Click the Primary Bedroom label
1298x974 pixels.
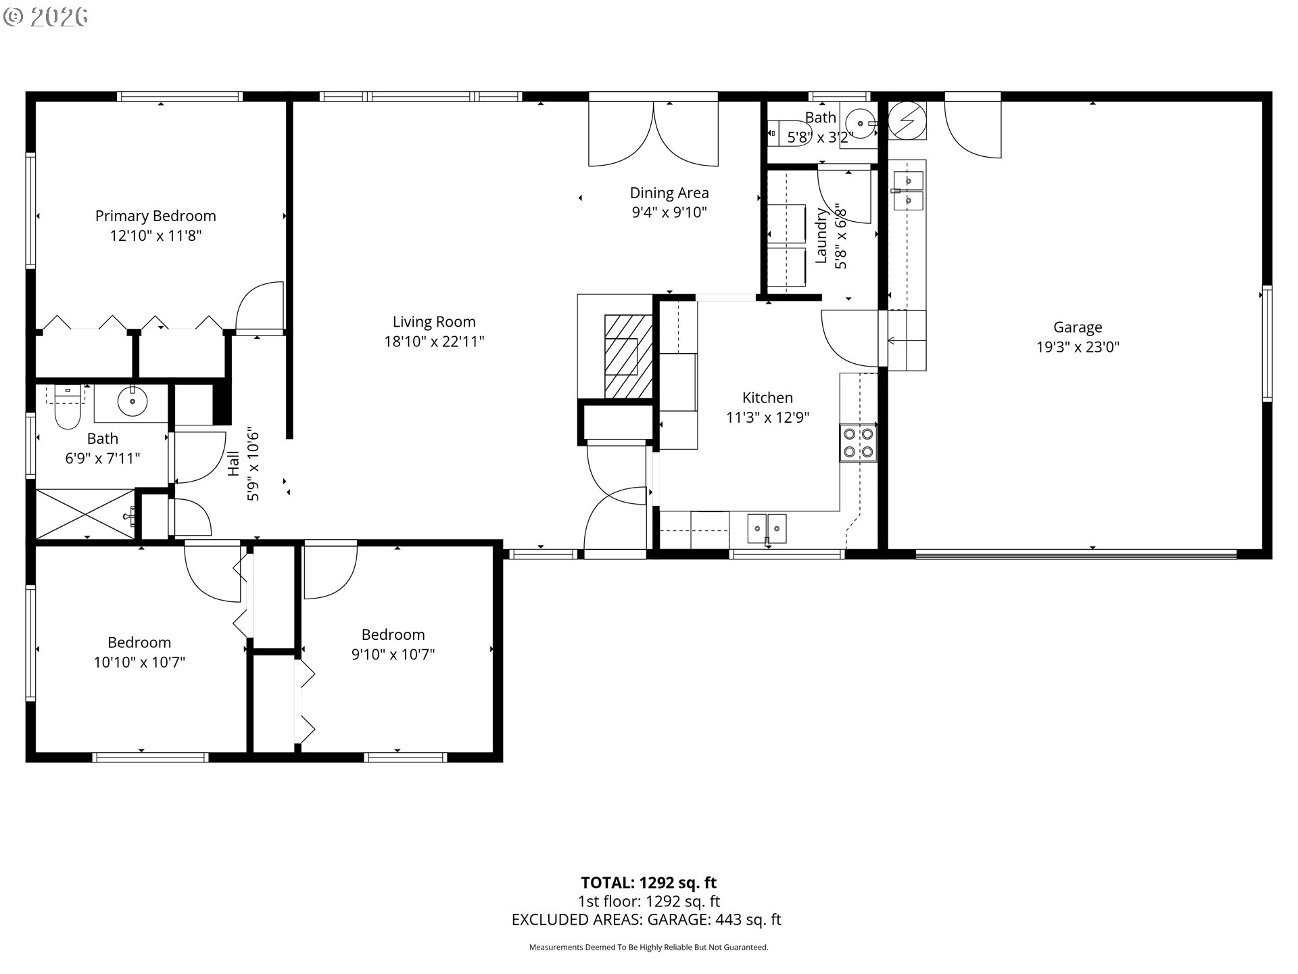(x=155, y=216)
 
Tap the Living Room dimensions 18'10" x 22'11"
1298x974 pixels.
(x=434, y=342)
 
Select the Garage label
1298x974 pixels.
(x=1078, y=327)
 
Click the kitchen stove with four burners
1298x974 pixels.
(x=858, y=443)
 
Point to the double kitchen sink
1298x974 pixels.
(x=767, y=528)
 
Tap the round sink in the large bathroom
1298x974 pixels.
(x=133, y=402)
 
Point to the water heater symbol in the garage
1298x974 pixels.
(x=906, y=121)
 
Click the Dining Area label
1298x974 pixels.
(x=669, y=193)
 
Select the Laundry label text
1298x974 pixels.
(x=821, y=235)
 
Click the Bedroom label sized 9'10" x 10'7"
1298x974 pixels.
(x=393, y=634)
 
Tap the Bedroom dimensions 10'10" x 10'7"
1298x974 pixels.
(x=139, y=662)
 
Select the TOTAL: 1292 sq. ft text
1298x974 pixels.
(x=648, y=883)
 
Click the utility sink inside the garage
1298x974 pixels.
(x=908, y=191)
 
